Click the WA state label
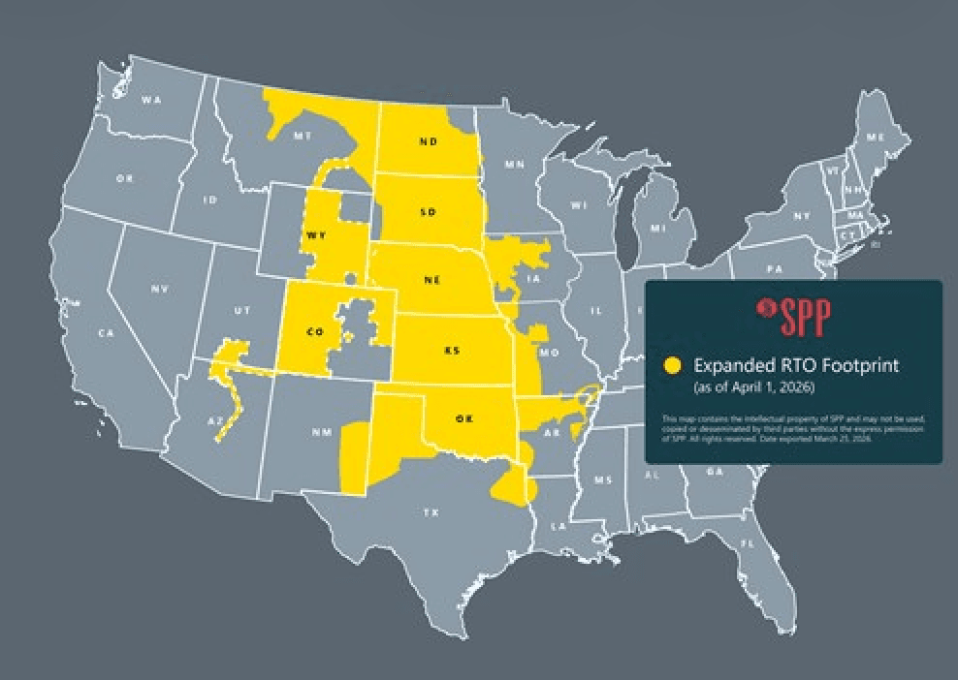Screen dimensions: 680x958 pyautogui.click(x=150, y=99)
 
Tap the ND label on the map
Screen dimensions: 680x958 pyautogui.click(x=428, y=141)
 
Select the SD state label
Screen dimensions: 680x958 pyautogui.click(x=428, y=211)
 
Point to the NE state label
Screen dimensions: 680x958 pyautogui.click(x=431, y=280)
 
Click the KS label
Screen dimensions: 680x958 pyautogui.click(x=451, y=350)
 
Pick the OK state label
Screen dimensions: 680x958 pyautogui.click(x=463, y=418)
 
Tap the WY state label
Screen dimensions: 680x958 pyautogui.click(x=316, y=235)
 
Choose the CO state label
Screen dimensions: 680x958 pyautogui.click(x=314, y=331)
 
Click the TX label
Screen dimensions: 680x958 pyautogui.click(x=431, y=512)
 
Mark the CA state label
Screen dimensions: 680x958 pyautogui.click(x=106, y=332)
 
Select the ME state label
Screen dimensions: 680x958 pyautogui.click(x=876, y=138)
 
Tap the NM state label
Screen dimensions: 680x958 pyautogui.click(x=321, y=432)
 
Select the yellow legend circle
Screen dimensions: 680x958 pyautogui.click(x=672, y=365)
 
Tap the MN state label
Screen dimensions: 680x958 pyautogui.click(x=514, y=165)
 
